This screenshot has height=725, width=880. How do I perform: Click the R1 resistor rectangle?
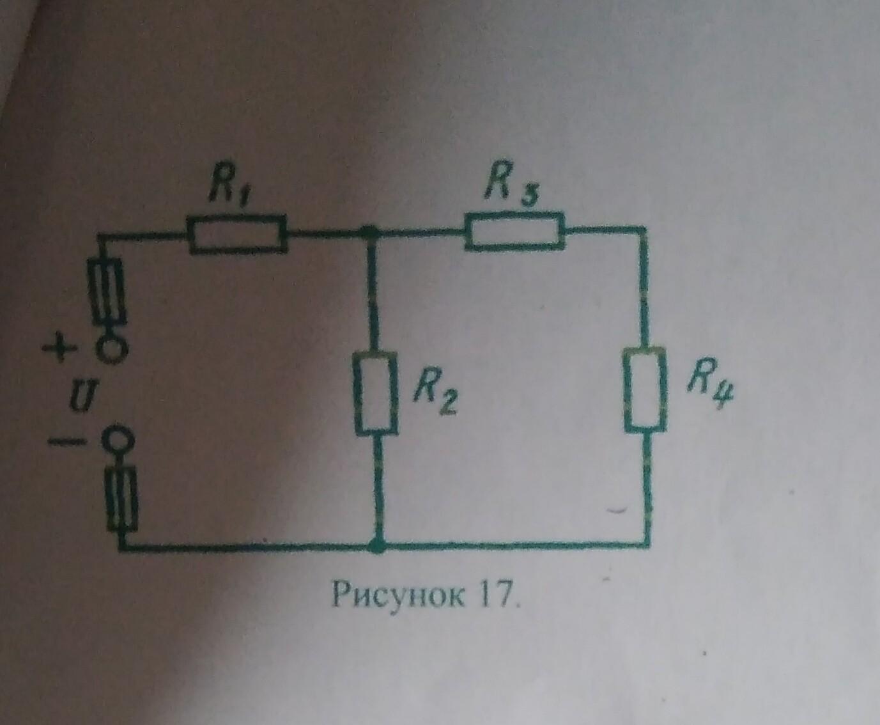tap(238, 235)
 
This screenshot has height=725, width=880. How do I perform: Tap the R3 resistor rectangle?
tap(515, 231)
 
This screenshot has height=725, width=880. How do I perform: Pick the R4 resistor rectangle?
tap(646, 389)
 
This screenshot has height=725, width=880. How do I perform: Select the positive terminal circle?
tap(111, 350)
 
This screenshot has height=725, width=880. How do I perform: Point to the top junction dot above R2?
tap(367, 233)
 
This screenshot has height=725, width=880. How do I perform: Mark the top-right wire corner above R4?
tap(642, 229)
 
